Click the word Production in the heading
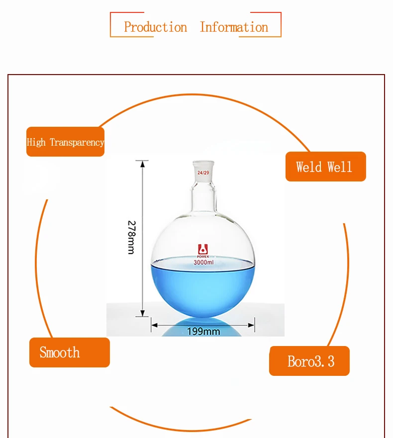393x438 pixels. (x=155, y=27)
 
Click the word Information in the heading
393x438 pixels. (x=234, y=27)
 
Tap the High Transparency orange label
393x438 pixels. (x=65, y=142)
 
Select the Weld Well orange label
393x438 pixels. (x=326, y=167)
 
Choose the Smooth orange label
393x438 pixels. (x=70, y=352)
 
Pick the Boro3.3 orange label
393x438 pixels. (x=309, y=361)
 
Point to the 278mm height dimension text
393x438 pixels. (x=131, y=238)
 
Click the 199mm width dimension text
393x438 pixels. (x=203, y=332)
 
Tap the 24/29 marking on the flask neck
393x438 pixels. (x=203, y=173)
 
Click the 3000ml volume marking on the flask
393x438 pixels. (x=203, y=263)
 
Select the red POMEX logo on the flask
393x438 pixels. (x=203, y=251)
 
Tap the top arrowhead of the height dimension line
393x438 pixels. (x=143, y=164)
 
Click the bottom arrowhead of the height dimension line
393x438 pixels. (x=143, y=313)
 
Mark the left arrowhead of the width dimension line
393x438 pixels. (x=155, y=325)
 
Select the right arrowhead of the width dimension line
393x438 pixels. (x=251, y=325)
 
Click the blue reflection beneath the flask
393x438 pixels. (x=202, y=328)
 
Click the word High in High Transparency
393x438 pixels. (x=36, y=142)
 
